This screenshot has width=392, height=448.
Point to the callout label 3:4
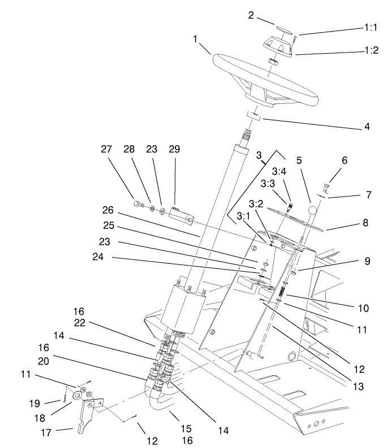point(279,171)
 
